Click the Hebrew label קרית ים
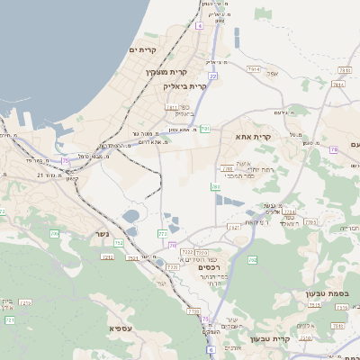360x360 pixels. tap(143, 49)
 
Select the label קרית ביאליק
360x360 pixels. tap(185, 86)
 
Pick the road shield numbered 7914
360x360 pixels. tap(254, 68)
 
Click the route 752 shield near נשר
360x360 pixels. tap(107, 257)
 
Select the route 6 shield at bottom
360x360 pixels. tap(210, 349)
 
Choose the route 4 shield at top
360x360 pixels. tap(199, 26)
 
